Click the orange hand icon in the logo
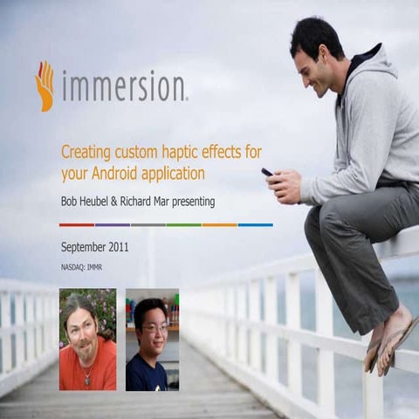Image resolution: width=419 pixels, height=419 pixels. (45, 86)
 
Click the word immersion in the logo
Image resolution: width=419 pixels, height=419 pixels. (121, 87)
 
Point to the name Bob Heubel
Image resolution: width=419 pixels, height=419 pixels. (90, 202)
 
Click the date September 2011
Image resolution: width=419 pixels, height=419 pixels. (95, 246)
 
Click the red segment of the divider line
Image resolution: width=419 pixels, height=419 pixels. (77, 224)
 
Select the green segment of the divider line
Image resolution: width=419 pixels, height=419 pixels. (183, 224)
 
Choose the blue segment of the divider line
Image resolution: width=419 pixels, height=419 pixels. (255, 224)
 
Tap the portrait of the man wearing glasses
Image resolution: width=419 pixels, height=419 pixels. (152, 340)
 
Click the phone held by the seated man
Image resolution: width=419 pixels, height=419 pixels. (268, 173)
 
